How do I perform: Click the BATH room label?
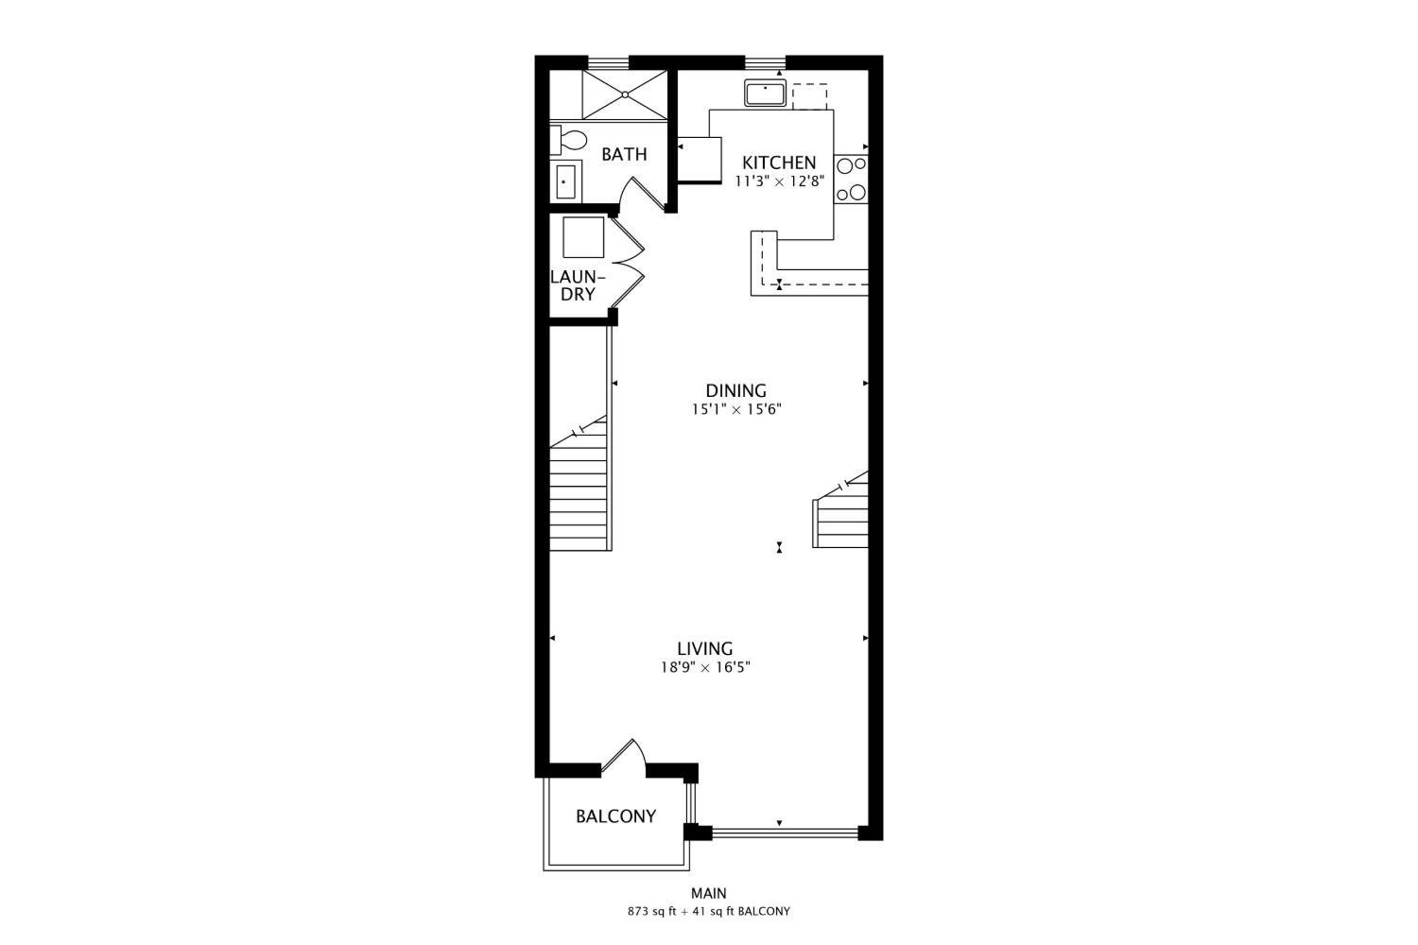coord(624,154)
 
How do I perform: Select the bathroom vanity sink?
coord(565,181)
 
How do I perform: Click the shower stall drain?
coord(625,94)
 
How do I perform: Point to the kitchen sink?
coord(766,93)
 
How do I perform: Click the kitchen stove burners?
coord(851,180)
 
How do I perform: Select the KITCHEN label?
coord(779,163)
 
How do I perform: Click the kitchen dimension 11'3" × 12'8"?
coord(779,181)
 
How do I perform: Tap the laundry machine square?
coord(583,237)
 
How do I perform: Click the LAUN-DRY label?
coord(578,285)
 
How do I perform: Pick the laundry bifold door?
coord(628,262)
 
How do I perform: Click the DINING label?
coord(736,390)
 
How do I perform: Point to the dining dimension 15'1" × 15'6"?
coord(736,409)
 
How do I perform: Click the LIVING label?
coord(705,649)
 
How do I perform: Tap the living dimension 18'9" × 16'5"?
coord(705,667)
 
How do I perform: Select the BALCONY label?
coord(616,816)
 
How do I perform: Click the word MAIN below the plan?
coord(708,893)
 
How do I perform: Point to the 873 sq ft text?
coord(652,912)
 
